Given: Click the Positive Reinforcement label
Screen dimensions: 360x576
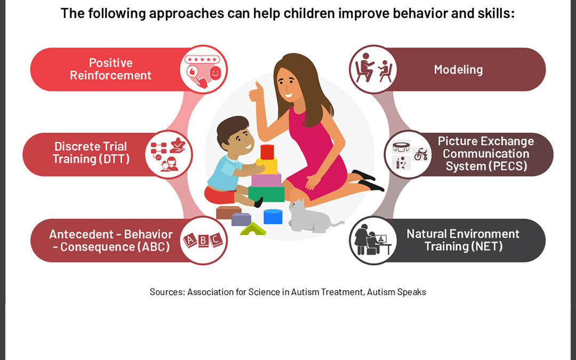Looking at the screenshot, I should coord(110,69).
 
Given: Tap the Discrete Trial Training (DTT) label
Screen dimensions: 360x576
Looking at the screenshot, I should coord(91,153).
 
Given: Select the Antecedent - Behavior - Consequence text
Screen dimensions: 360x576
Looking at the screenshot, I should coord(111,241).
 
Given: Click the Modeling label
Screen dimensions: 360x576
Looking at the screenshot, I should coord(458,69).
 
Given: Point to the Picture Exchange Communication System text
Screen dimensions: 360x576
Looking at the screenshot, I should coord(485,154).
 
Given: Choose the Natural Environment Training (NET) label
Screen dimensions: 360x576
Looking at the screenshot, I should coord(463,240).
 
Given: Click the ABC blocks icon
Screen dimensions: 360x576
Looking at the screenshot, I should coord(203,241).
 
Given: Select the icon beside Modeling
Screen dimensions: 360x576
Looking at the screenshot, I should coord(373,70).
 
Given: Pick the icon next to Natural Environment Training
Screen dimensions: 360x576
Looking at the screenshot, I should coord(373,241).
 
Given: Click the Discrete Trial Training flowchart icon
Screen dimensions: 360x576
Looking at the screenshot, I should coord(169,154).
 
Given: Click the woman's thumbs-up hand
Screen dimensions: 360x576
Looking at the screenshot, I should coord(257,91).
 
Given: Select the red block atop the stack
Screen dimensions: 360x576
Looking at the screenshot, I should coord(267,151).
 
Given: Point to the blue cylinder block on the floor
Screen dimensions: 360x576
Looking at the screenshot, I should coord(273,217).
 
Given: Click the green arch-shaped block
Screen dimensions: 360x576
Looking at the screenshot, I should coord(253,229).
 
